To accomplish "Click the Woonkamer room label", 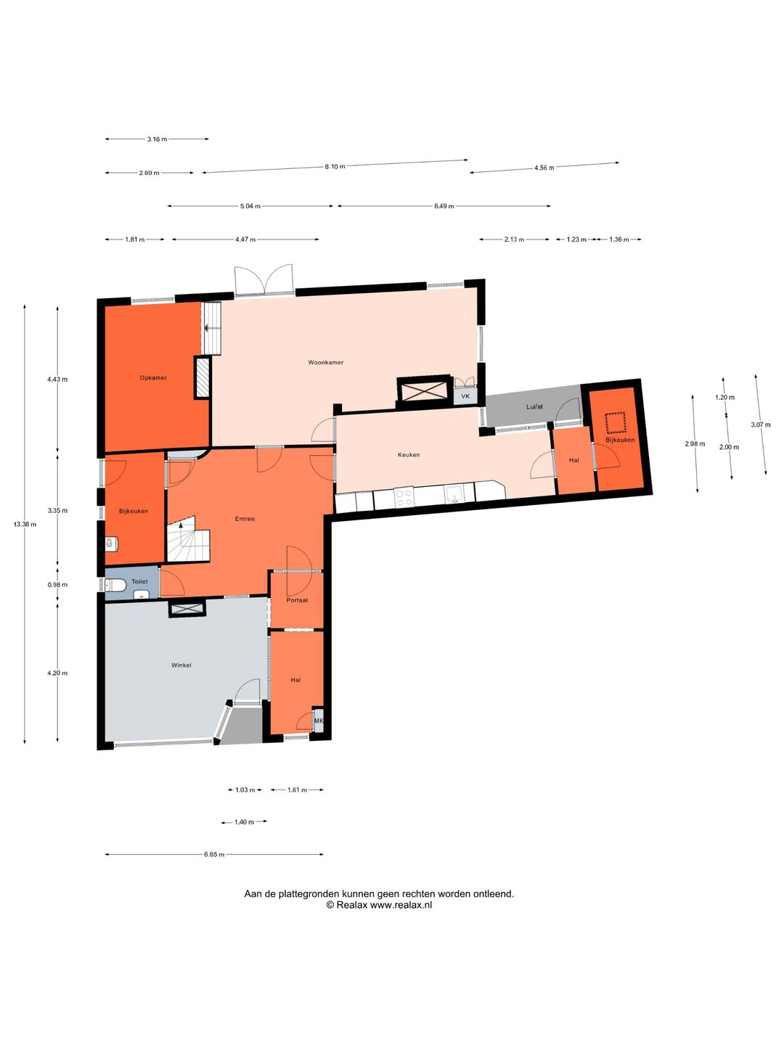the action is click(326, 362).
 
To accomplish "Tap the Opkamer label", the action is click(153, 377).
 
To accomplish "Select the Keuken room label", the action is click(409, 455).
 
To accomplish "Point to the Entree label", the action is click(245, 518).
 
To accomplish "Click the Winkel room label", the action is click(181, 665).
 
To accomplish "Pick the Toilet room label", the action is click(139, 581).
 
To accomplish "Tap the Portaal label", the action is click(297, 600).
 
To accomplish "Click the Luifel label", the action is click(534, 406).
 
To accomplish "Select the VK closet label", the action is click(465, 396).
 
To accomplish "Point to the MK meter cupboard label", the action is click(319, 721).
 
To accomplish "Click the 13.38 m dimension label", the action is click(25, 524).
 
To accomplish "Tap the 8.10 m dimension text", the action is click(335, 167).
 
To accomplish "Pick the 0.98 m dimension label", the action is click(57, 585).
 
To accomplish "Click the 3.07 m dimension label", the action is click(761, 425).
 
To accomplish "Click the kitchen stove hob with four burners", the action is click(404, 498).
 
